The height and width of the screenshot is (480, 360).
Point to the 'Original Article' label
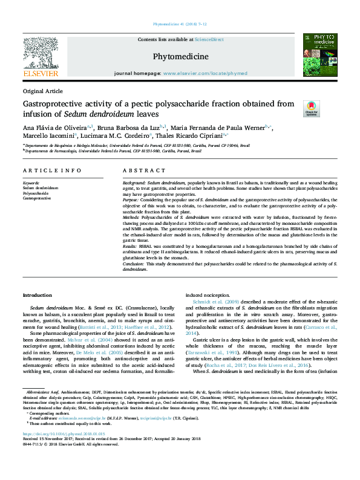coord(42,91)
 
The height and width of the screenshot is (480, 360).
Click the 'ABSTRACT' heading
coord(139,171)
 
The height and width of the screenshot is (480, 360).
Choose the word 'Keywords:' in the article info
coord(31,183)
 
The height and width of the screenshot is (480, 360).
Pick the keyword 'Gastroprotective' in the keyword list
coord(37,198)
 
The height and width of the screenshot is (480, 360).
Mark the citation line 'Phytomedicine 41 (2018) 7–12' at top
coord(180,24)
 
